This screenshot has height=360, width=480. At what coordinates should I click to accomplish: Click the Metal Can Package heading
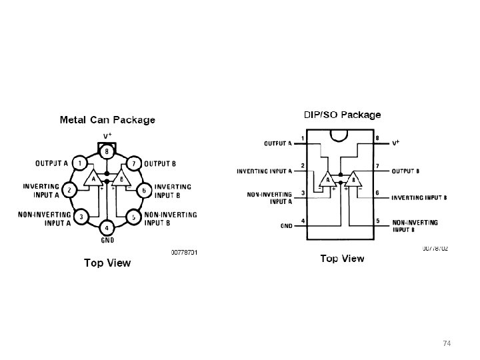point(107,120)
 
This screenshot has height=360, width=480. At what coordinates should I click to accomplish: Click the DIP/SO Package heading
point(343,115)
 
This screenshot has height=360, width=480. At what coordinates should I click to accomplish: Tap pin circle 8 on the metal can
point(107,151)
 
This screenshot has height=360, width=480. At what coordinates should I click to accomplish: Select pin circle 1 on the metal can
point(79,163)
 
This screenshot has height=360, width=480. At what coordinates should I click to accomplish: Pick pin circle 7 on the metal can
point(134,163)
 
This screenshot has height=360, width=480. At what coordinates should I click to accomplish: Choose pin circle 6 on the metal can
point(144,190)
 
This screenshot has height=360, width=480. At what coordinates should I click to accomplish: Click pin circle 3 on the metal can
point(80,217)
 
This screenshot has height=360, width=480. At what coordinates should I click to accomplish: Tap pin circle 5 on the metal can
point(133,217)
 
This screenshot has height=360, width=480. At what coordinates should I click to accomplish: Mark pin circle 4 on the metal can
point(107,228)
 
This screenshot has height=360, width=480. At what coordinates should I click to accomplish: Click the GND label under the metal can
point(107,240)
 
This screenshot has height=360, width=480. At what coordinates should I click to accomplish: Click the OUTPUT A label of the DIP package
point(278,143)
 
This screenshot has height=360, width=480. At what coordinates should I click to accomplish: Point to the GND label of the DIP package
point(287,225)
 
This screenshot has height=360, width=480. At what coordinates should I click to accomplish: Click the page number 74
point(447,343)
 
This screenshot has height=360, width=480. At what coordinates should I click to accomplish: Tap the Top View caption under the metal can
point(107,263)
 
